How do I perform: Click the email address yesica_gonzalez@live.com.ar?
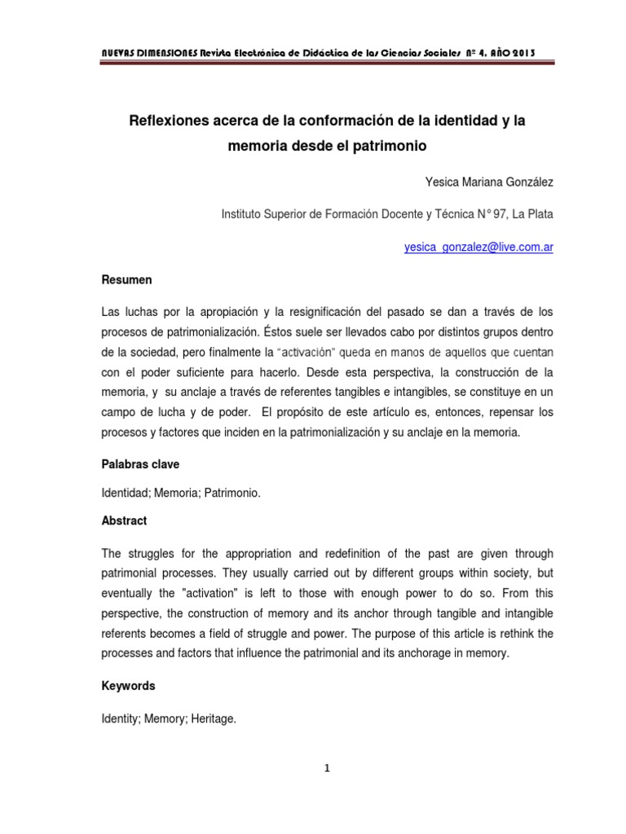(x=478, y=248)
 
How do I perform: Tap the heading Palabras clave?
(x=140, y=464)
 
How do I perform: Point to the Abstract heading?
(x=124, y=520)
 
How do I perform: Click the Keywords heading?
(x=129, y=687)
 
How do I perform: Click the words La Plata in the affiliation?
(x=533, y=215)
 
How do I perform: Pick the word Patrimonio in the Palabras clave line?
(x=236, y=493)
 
